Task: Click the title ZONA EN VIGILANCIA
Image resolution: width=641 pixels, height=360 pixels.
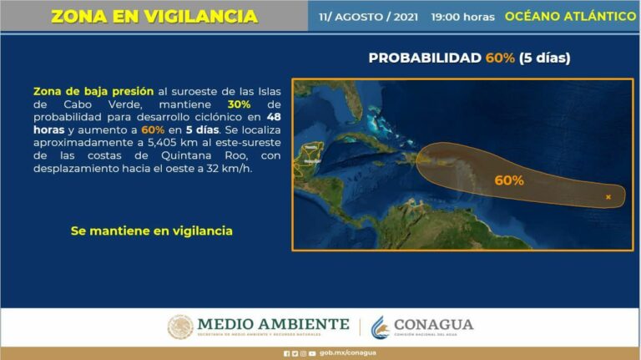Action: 154,16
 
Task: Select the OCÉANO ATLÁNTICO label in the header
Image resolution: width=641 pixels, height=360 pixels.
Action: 571,17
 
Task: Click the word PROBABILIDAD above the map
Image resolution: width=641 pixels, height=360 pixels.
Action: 425,58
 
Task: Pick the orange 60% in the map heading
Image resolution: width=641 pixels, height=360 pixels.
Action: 500,58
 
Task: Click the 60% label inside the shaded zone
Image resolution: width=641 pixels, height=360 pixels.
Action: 508,180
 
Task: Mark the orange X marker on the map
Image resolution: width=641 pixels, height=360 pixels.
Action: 608,197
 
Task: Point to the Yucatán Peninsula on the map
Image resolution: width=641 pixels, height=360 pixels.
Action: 310,155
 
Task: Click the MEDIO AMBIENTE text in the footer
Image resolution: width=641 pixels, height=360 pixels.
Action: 273,324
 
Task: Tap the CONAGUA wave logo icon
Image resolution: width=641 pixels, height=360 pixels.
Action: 380,327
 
